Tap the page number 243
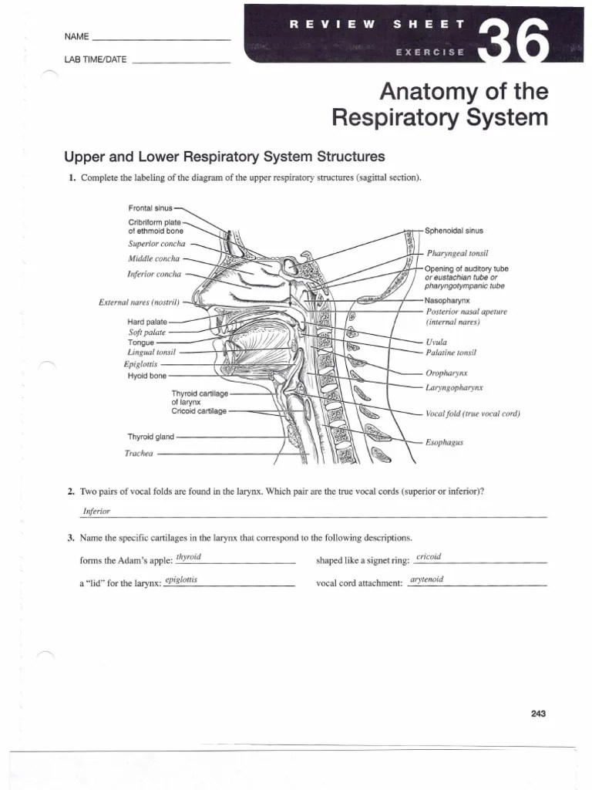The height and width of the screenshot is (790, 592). (538, 714)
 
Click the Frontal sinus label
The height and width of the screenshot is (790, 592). (151, 208)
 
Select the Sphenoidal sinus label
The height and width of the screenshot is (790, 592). (454, 230)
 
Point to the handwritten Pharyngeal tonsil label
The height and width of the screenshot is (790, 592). (458, 253)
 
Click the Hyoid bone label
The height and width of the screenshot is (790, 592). (146, 376)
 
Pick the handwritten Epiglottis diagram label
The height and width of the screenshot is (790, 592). (140, 363)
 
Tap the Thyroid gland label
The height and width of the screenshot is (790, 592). (151, 437)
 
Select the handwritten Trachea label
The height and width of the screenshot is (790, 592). (140, 454)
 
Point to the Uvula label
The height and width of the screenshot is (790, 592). (436, 342)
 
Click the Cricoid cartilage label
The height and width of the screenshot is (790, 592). (199, 411)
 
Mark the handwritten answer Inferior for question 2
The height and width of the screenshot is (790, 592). (96, 511)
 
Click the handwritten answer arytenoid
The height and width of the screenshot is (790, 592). (428, 579)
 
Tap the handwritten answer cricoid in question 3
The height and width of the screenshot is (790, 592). (428, 557)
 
